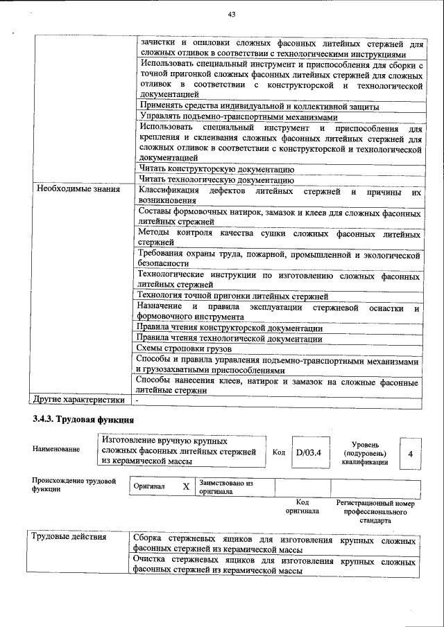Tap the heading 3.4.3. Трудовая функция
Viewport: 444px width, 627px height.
coord(83,420)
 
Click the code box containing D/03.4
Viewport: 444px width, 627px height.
coord(307,453)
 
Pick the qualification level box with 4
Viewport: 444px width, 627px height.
coord(411,453)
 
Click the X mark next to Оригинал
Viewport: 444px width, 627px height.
coord(185,486)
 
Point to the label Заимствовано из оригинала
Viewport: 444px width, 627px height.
coord(225,486)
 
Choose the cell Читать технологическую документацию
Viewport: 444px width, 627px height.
coord(216,179)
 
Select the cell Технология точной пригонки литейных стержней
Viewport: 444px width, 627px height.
coord(232,296)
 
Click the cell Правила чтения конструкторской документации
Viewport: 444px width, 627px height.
coord(230,328)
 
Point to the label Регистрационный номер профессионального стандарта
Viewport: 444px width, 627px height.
coord(375,511)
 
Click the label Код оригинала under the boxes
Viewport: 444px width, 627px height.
coord(302,506)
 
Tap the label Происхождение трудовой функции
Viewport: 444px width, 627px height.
coord(73,484)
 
